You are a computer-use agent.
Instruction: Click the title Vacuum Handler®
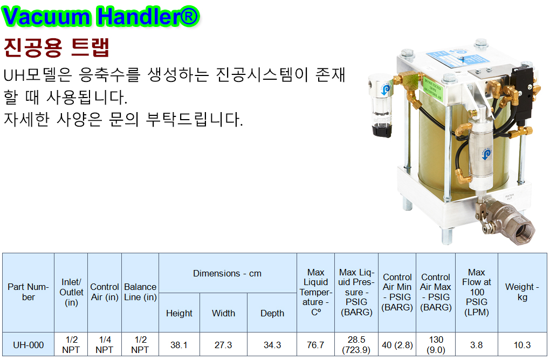101,16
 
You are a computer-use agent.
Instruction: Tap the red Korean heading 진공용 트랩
57,47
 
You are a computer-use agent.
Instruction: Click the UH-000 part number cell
29,345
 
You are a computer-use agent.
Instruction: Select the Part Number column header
29,292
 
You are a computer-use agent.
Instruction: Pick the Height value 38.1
179,345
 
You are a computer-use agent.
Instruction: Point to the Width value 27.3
223,345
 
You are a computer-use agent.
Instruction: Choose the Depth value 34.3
272,345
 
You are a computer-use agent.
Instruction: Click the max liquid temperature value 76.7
315,345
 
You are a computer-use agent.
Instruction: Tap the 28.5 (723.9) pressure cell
356,345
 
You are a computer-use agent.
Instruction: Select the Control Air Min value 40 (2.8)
397,345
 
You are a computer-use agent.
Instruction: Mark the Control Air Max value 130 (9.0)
436,345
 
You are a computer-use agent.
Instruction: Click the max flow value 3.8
476,345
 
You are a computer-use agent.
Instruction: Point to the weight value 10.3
522,345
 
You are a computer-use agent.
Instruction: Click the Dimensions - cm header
228,273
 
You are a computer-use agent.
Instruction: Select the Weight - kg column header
522,292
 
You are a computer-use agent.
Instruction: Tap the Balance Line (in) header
140,292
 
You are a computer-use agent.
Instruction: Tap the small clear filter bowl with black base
382,105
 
